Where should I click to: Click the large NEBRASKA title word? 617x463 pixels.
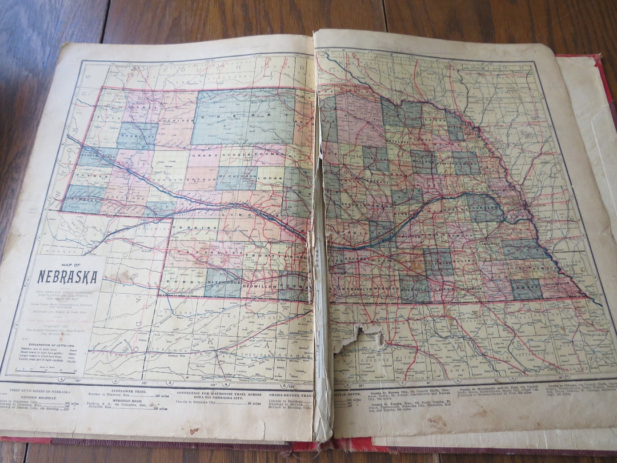67,277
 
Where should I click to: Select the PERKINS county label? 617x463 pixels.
202,227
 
